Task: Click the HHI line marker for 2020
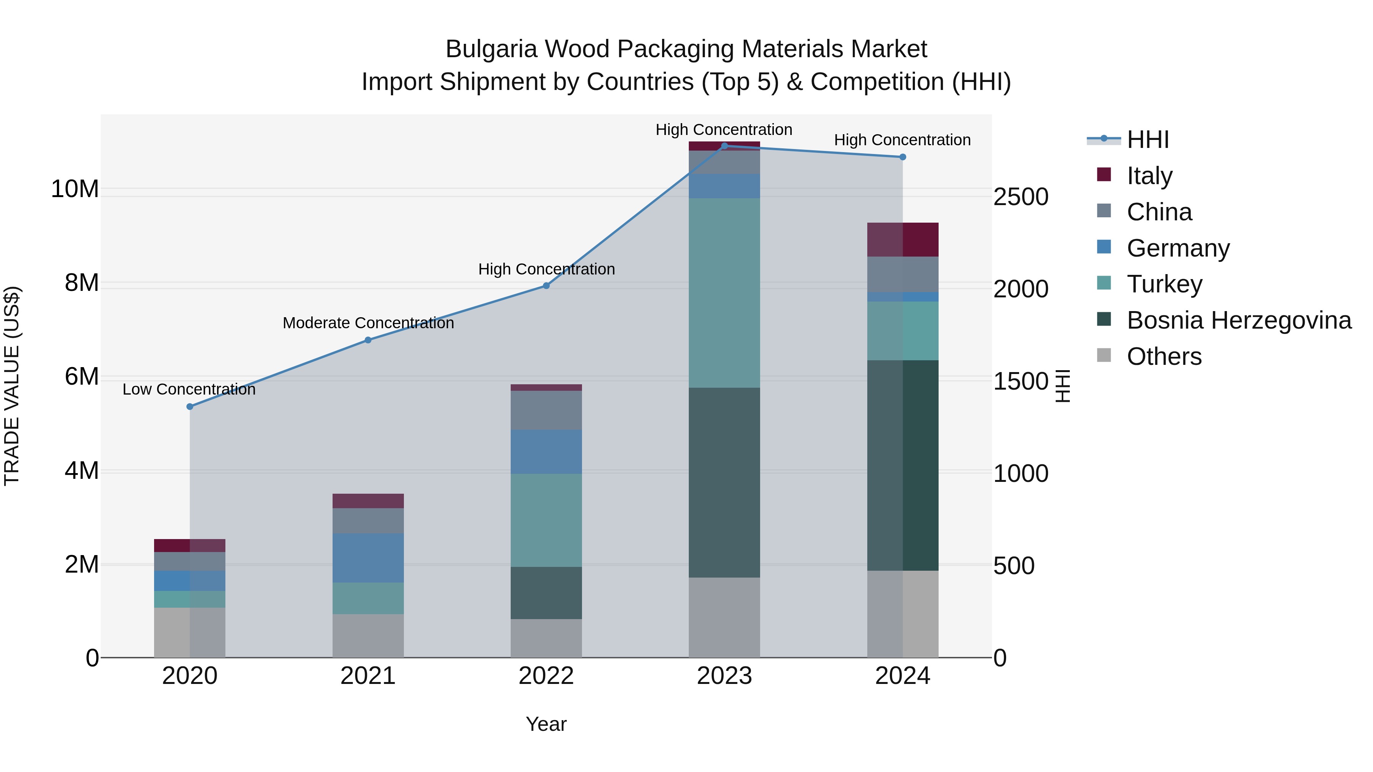point(190,406)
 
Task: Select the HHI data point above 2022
point(546,286)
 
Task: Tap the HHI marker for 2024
point(902,157)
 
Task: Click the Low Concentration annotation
point(189,390)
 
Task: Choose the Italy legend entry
point(1149,175)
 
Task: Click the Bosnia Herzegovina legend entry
point(1239,320)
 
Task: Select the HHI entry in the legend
point(1148,140)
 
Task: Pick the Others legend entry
point(1164,356)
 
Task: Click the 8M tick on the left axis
point(82,283)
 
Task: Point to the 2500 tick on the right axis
point(1021,197)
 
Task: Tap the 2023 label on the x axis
point(724,676)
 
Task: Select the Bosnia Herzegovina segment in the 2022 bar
point(546,592)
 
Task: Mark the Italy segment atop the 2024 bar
point(902,240)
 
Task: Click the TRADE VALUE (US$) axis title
point(12,386)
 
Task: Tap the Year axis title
point(546,724)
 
